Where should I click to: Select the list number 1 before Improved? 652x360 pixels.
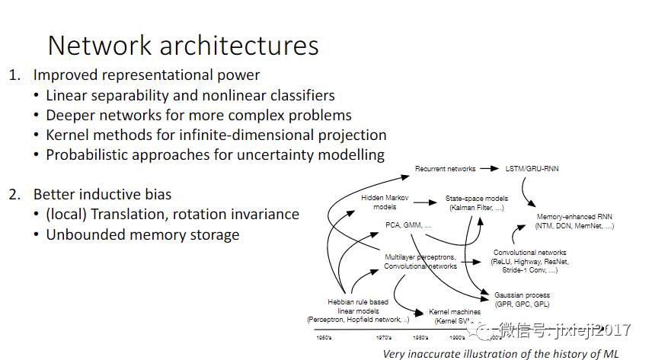coord(14,75)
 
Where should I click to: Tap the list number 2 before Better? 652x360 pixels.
coord(14,194)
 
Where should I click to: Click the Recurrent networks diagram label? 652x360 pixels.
coord(445,168)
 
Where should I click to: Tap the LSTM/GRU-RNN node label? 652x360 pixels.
coord(532,168)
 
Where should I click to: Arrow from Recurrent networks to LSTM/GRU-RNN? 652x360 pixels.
coord(490,168)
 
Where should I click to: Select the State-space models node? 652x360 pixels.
coord(477,202)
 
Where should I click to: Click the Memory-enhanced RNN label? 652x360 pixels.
coord(575,221)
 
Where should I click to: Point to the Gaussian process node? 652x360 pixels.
coord(522,299)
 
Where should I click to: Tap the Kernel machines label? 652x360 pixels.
coord(455,315)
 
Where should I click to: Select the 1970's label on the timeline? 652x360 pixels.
coord(384,336)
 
